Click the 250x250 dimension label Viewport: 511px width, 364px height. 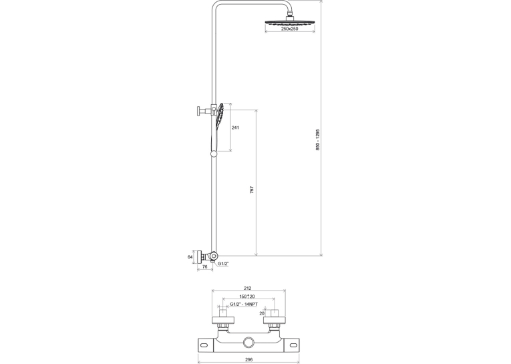pyautogui.click(x=289, y=29)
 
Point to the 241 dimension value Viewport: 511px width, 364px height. pyautogui.click(x=235, y=128)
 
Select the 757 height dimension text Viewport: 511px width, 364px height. pyautogui.click(x=252, y=190)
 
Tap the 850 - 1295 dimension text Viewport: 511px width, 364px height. pyautogui.click(x=318, y=140)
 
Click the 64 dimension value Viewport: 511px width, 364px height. pyautogui.click(x=190, y=256)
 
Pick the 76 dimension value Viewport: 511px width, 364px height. pyautogui.click(x=204, y=266)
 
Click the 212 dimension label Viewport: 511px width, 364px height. pyautogui.click(x=248, y=288)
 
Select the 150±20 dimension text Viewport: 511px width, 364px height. pyautogui.click(x=247, y=297)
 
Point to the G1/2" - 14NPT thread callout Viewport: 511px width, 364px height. pyautogui.click(x=244, y=304)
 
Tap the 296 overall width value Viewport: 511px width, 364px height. pyautogui.click(x=248, y=359)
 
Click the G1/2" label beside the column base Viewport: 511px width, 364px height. pyautogui.click(x=223, y=263)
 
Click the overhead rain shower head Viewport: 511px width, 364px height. pyautogui.click(x=290, y=23)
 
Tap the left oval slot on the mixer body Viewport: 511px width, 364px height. pyautogui.click(x=205, y=345)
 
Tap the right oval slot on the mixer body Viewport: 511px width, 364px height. pyautogui.click(x=293, y=345)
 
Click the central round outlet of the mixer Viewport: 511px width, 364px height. pyautogui.click(x=248, y=343)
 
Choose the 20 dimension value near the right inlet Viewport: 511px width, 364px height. pyautogui.click(x=262, y=313)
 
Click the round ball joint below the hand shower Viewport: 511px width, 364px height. pyautogui.click(x=214, y=154)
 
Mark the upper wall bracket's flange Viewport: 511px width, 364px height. pyautogui.click(x=198, y=111)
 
